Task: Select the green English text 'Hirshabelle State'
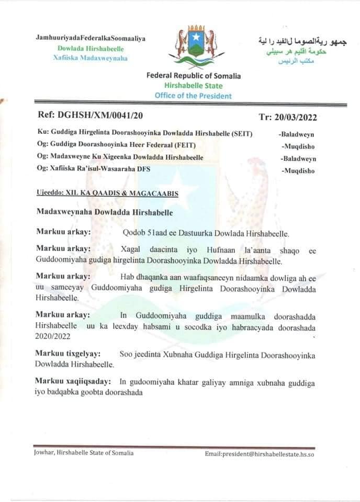[193, 86]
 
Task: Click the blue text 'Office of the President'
[193, 95]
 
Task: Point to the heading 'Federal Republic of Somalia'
[194, 76]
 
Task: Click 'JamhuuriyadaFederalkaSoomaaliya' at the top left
[91, 39]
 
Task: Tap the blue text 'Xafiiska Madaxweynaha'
[91, 58]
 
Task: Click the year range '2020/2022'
[53, 338]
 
